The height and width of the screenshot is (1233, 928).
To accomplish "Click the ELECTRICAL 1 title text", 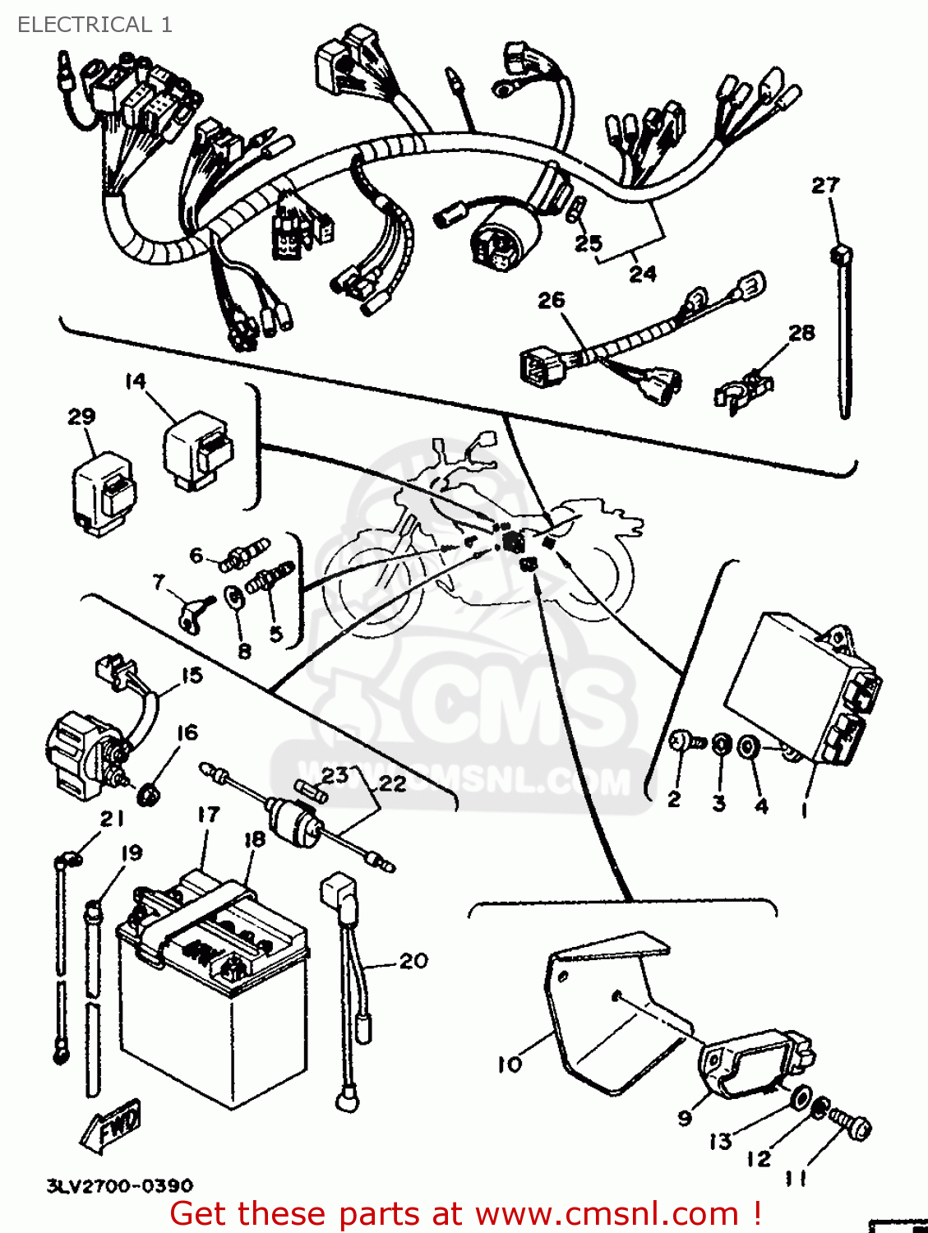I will [x=95, y=25].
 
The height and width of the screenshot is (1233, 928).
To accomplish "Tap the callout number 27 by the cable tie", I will [x=825, y=185].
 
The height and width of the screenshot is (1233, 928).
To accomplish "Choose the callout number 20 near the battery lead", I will [x=413, y=960].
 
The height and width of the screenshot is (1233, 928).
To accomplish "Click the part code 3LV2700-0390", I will [x=120, y=1185].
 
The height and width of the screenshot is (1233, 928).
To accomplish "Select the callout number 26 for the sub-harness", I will [x=552, y=300].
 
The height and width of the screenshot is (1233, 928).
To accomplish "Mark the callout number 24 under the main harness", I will [x=643, y=273].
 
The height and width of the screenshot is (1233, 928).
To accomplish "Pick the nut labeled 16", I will [x=149, y=793].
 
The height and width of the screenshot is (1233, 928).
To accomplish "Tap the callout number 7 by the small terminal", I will [x=159, y=582].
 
